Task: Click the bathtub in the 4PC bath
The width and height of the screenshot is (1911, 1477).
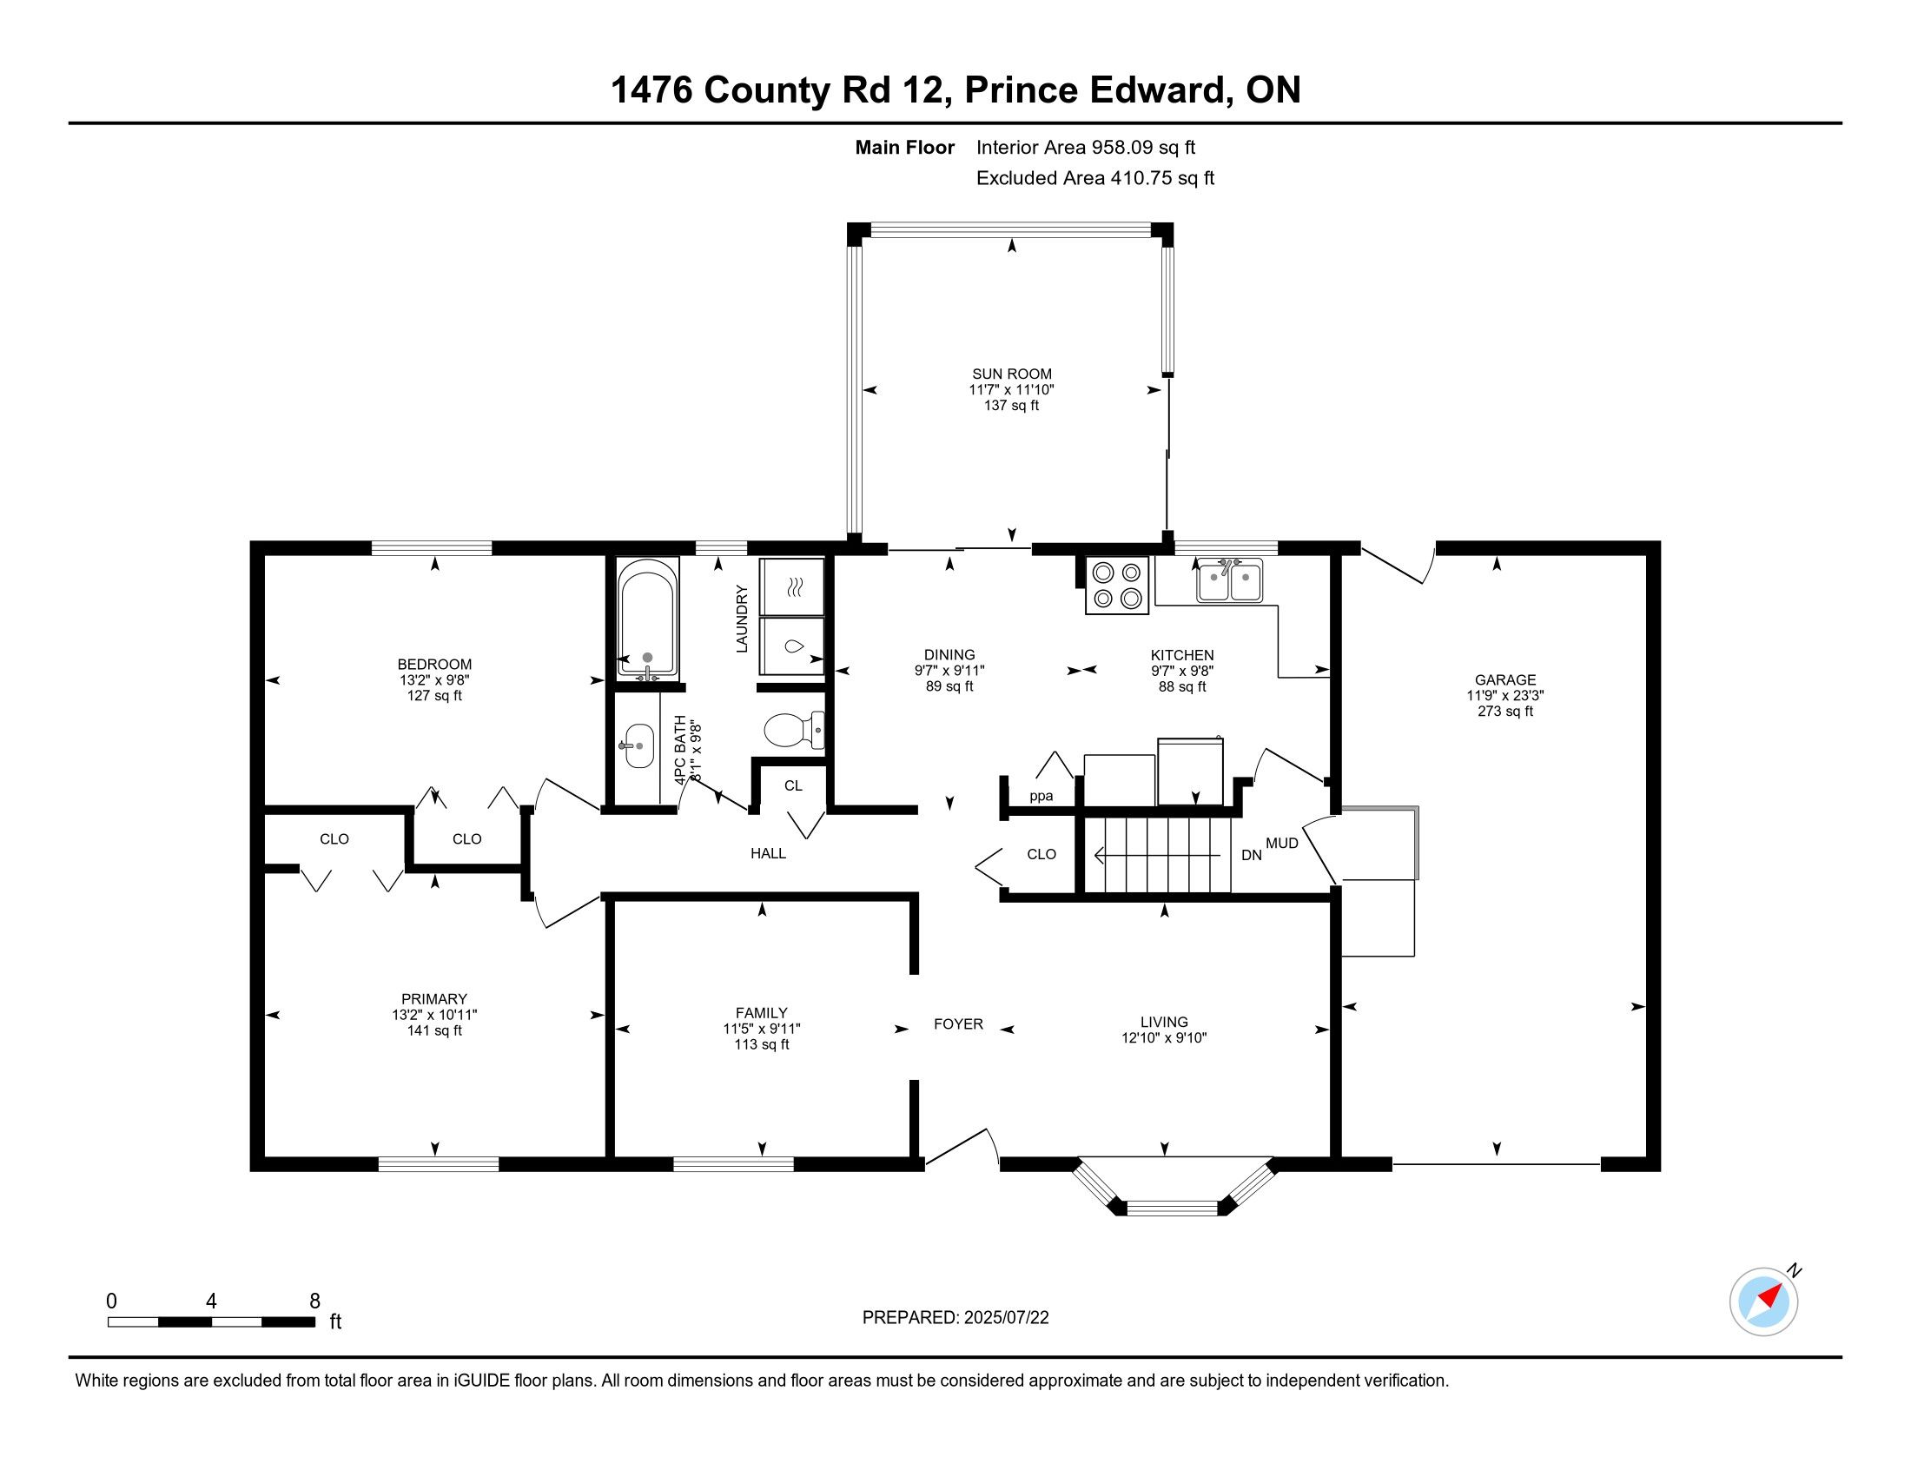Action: coord(647,619)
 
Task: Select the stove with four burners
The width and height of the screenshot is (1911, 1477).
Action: coord(1117,586)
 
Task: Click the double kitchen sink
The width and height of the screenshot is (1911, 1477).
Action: coord(1229,580)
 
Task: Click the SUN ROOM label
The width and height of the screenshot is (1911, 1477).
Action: coord(1011,374)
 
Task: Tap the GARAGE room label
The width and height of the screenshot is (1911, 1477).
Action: coord(1505,680)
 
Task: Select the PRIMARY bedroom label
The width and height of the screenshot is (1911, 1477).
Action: coord(434,999)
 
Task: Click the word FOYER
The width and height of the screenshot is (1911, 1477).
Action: coord(958,1023)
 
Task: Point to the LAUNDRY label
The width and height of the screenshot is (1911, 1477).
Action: coord(742,619)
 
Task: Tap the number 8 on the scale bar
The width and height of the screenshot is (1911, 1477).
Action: coord(315,1301)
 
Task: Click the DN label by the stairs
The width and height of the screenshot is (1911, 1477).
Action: coord(1251,855)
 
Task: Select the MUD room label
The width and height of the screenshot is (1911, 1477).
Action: coord(1282,843)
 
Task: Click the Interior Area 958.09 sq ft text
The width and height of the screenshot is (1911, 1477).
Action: coord(1086,148)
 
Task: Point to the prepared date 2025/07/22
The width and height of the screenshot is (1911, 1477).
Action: coord(1005,1318)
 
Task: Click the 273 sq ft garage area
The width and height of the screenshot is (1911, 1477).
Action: coord(1505,712)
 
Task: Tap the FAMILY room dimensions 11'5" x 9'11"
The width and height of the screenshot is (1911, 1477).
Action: coord(761,1029)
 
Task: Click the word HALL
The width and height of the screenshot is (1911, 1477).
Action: coord(768,853)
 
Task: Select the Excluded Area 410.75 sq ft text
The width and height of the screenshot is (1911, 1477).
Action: coord(1095,178)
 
